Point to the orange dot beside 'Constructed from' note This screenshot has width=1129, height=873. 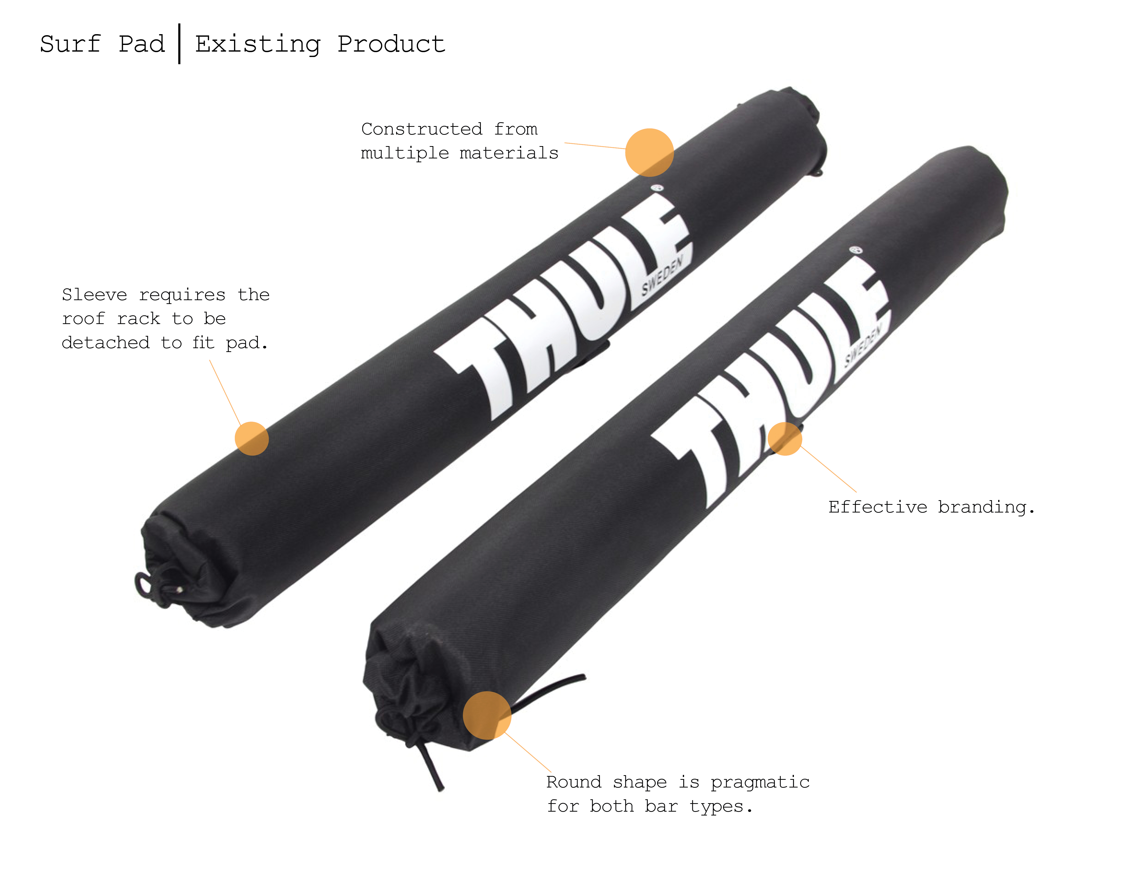pyautogui.click(x=649, y=153)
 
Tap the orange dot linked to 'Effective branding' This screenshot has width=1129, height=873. pyautogui.click(x=785, y=439)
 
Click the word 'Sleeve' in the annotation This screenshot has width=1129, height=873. pyautogui.click(x=94, y=295)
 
